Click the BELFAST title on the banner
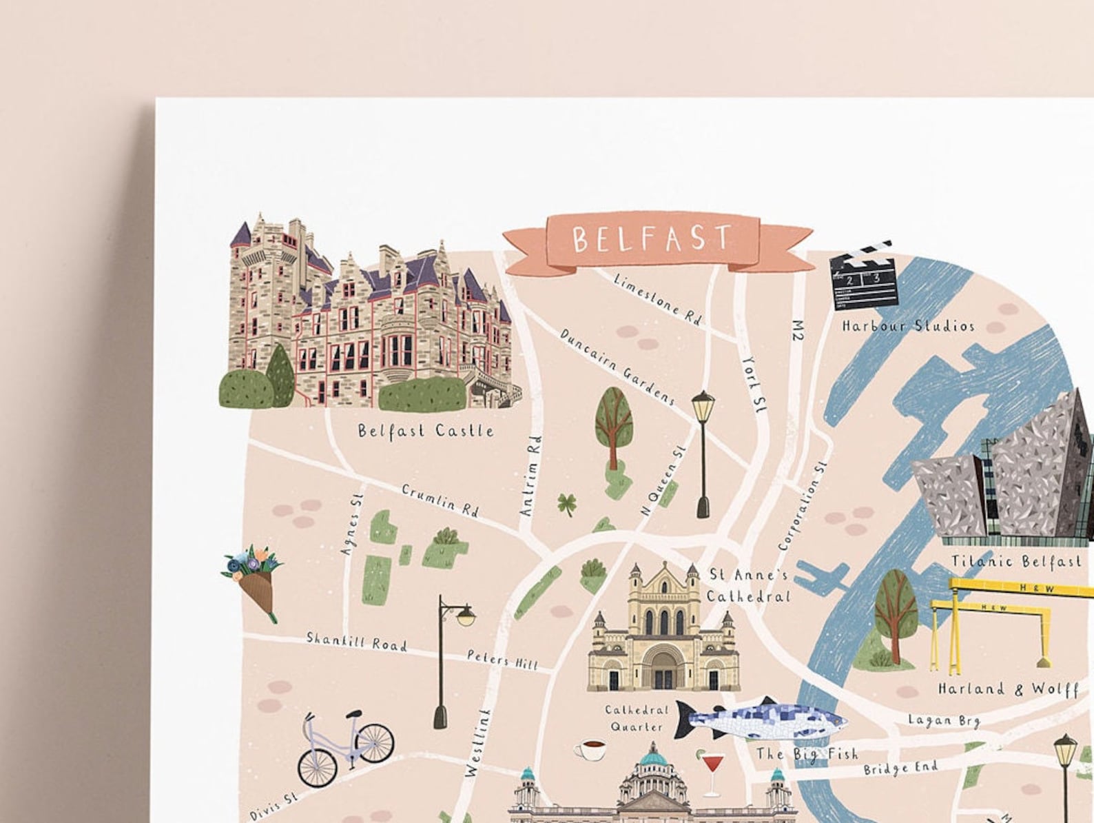[x=652, y=238]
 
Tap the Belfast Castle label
[x=426, y=431]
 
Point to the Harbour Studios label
[x=908, y=325]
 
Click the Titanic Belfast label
[x=1015, y=561]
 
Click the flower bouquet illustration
[x=254, y=579]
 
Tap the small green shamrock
[x=567, y=504]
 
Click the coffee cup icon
[x=590, y=750]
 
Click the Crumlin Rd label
[x=440, y=500]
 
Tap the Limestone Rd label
[x=657, y=298]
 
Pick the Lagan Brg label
[x=943, y=720]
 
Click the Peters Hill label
[x=502, y=660]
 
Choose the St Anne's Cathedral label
[x=748, y=585]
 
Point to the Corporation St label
[x=802, y=506]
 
